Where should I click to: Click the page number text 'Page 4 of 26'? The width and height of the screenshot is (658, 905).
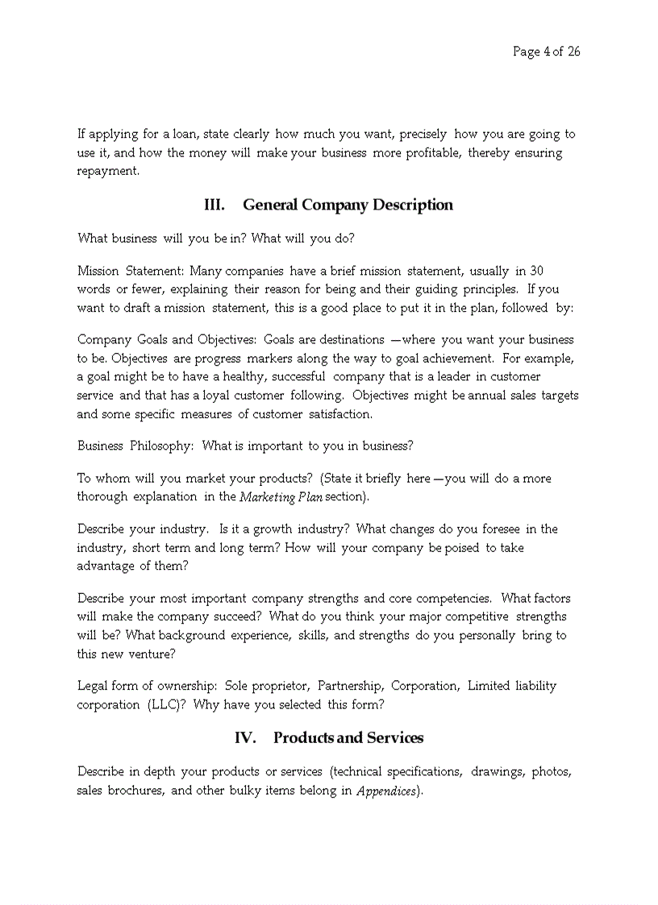pyautogui.click(x=546, y=52)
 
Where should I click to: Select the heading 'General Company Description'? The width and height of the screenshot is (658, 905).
pyautogui.click(x=348, y=205)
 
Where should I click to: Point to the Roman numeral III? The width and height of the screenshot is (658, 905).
pyautogui.click(x=214, y=205)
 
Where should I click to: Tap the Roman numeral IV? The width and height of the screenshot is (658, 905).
pyautogui.click(x=245, y=737)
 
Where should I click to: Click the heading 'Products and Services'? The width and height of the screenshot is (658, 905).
pyautogui.click(x=348, y=737)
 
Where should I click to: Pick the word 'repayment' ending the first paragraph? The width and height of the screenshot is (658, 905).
pyautogui.click(x=107, y=172)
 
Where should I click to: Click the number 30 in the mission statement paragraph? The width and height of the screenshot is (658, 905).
pyautogui.click(x=536, y=271)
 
